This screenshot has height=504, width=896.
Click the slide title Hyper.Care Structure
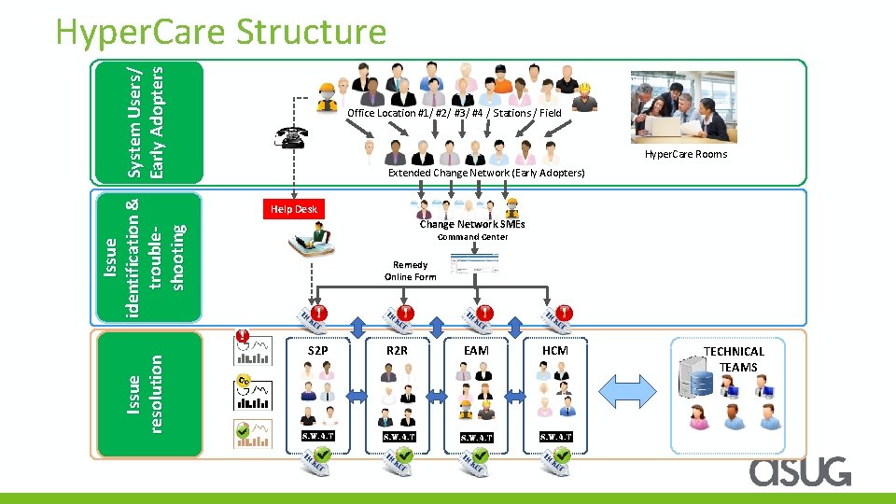pos(220,32)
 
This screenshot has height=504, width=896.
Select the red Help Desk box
pos(294,209)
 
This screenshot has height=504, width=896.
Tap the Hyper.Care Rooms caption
pos(685,154)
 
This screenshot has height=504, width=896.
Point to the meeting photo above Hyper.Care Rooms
pos(682,106)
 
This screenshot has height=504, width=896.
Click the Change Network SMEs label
pos(471,224)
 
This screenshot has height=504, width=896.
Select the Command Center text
pos(473,237)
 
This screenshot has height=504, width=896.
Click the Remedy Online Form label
pos(410,271)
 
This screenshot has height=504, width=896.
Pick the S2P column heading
pos(317,350)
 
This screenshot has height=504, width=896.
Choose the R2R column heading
pos(397,350)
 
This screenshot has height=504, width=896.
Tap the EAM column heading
pos(476,350)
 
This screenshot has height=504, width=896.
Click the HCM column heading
pos(555,350)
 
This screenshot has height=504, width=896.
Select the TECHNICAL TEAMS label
pos(734,359)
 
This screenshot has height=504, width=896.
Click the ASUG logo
pos(800,470)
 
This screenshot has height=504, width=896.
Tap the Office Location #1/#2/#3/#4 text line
pos(454,113)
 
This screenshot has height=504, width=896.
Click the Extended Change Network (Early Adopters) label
pos(486,173)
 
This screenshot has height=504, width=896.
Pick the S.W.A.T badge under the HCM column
pos(555,436)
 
